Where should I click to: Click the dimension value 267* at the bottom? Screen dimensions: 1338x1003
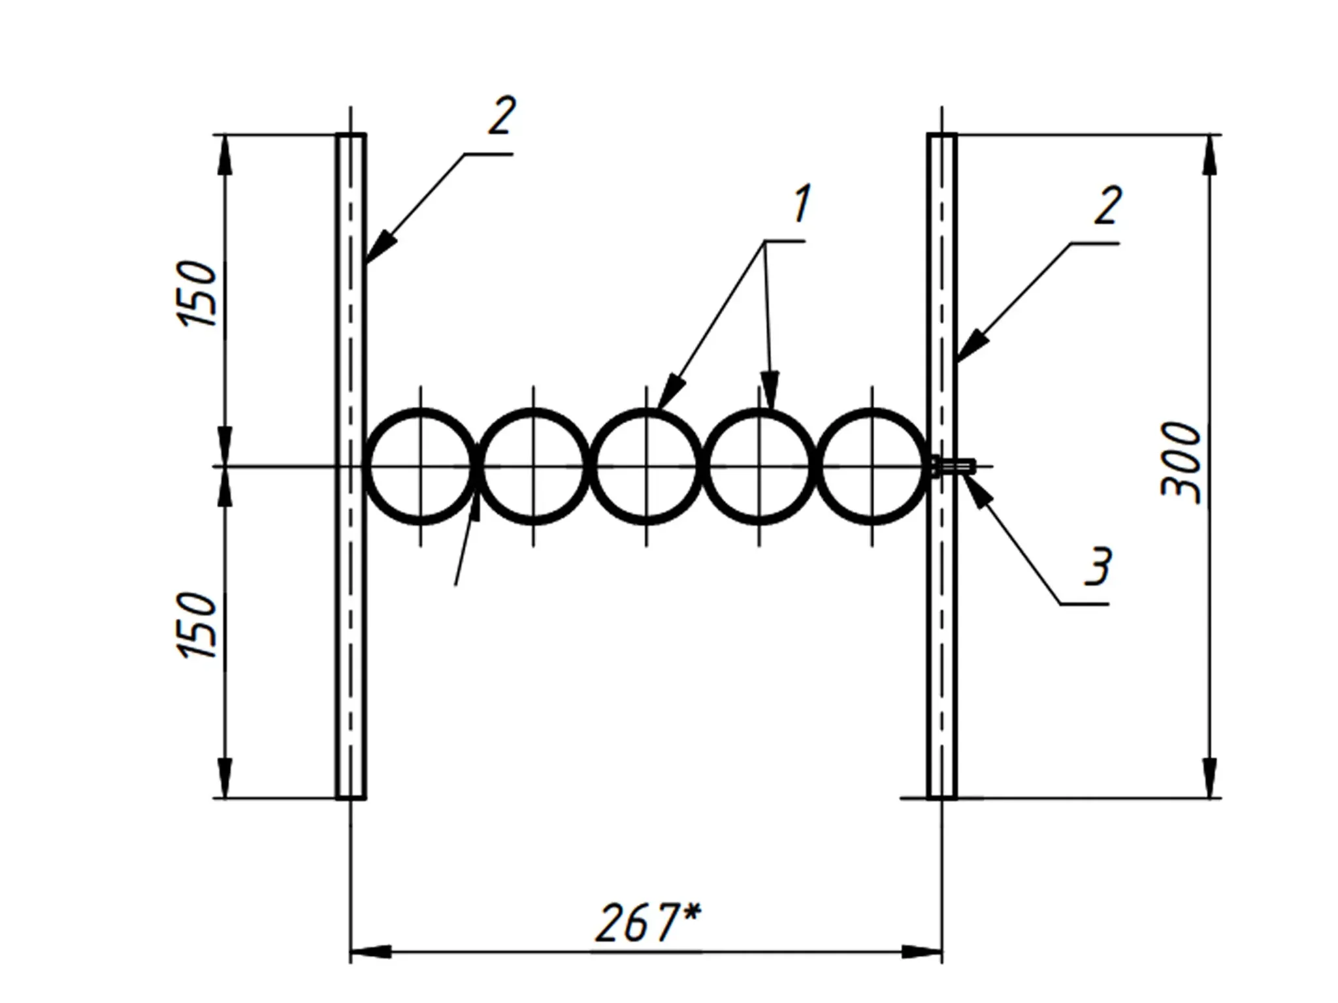pyautogui.click(x=647, y=923)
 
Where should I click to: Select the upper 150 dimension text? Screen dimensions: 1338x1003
pyautogui.click(x=196, y=294)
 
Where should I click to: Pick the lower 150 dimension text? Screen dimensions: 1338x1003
pyautogui.click(x=196, y=626)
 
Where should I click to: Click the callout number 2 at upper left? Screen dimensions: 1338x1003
pyautogui.click(x=502, y=116)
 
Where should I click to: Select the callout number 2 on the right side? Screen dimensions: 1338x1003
pyautogui.click(x=1107, y=205)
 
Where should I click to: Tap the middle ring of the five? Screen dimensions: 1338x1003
pyautogui.click(x=647, y=411)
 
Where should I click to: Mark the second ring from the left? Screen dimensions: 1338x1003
pyautogui.click(x=534, y=411)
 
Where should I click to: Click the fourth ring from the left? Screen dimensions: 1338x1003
pyautogui.click(x=759, y=411)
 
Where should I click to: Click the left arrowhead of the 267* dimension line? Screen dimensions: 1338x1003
pyautogui.click(x=370, y=952)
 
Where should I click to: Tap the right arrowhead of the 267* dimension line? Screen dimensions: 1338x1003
pyautogui.click(x=922, y=952)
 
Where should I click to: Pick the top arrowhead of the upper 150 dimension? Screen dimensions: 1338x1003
pyautogui.click(x=224, y=155)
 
